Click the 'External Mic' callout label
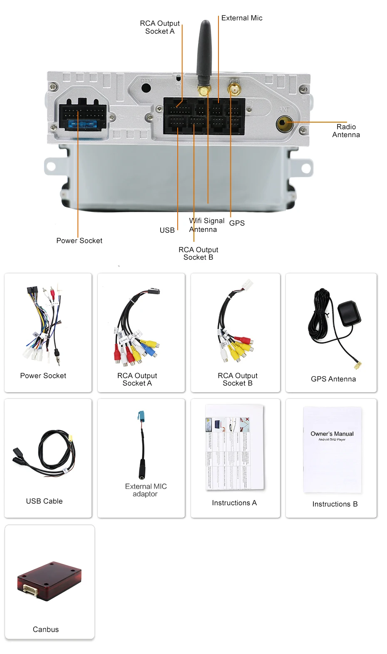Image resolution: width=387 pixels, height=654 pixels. click(242, 18)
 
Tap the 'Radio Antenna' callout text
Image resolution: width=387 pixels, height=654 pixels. click(346, 131)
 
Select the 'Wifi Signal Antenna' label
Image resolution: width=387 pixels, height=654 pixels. click(207, 225)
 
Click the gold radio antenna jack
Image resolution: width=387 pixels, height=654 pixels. click(284, 123)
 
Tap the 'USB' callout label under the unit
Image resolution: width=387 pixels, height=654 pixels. click(167, 230)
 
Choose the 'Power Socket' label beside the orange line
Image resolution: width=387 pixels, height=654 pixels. click(79, 241)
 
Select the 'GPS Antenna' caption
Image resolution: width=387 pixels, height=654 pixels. click(333, 379)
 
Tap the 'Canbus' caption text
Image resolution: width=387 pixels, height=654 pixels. click(46, 629)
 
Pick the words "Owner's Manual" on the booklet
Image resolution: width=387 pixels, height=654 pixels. click(332, 434)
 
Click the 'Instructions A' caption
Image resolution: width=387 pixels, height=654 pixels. click(234, 503)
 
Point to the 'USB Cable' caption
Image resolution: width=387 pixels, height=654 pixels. click(44, 501)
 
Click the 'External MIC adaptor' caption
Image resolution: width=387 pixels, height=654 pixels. click(146, 490)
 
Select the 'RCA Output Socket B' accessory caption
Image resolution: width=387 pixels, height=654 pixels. click(238, 379)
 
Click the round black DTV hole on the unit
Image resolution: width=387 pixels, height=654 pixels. click(146, 88)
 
